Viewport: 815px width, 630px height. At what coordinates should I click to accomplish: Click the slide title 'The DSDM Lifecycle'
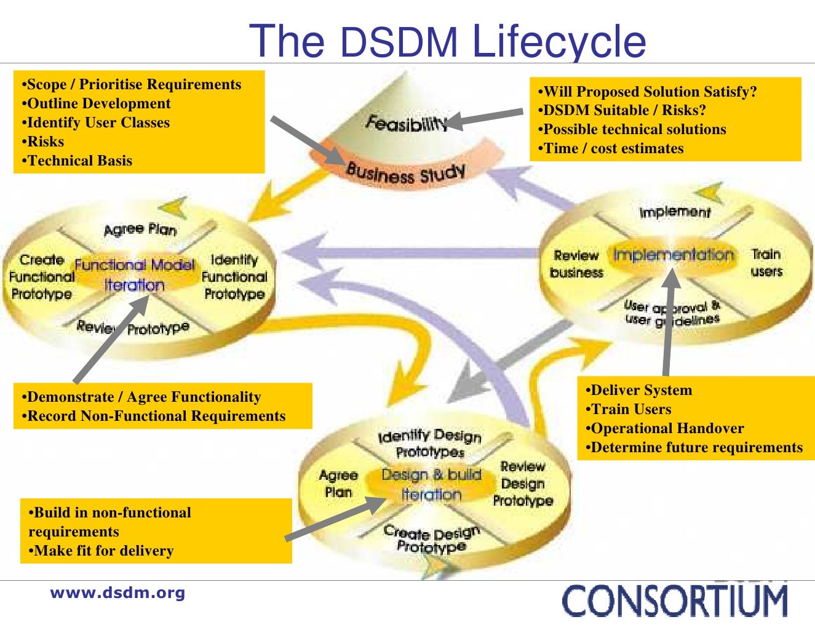click(447, 41)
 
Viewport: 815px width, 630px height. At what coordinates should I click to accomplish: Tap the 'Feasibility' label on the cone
click(406, 123)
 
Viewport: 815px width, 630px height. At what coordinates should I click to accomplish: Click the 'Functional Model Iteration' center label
click(135, 275)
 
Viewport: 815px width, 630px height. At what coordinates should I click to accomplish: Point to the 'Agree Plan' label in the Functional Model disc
click(140, 229)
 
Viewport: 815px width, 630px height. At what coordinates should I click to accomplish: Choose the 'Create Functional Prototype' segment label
click(42, 277)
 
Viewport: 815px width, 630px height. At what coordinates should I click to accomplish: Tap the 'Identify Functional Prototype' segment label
click(234, 277)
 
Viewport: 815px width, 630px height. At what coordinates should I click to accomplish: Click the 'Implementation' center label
click(674, 255)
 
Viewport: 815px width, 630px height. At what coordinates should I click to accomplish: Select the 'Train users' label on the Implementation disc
click(766, 263)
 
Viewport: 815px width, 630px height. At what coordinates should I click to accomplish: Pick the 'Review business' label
click(576, 264)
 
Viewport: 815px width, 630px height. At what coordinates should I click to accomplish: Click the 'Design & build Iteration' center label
click(431, 484)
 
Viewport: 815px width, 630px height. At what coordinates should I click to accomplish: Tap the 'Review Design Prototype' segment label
click(523, 484)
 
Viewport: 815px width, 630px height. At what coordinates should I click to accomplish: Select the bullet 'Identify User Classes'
click(96, 122)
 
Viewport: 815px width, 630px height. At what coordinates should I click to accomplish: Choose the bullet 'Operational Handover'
click(665, 428)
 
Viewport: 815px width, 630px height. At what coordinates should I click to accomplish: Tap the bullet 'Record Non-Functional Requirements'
click(154, 416)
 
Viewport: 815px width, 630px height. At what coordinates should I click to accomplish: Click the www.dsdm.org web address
click(117, 593)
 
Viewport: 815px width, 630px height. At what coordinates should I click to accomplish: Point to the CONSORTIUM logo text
click(675, 601)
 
